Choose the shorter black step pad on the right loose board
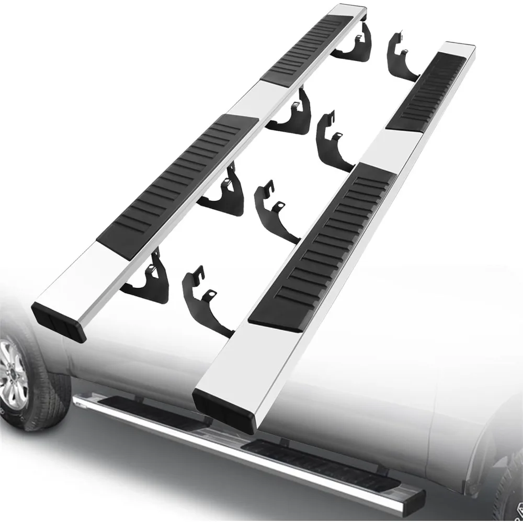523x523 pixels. pos(426,94)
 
